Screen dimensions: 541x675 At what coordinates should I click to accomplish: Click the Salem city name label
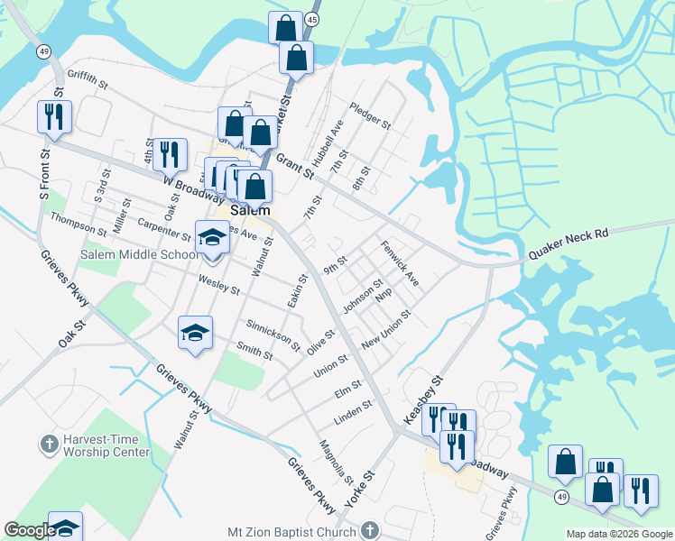250,209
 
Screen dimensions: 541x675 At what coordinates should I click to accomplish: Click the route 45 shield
311,19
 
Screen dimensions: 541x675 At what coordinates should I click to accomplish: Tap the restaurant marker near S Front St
54,117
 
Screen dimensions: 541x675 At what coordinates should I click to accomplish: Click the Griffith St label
87,80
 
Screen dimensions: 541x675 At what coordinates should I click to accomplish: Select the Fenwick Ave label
398,262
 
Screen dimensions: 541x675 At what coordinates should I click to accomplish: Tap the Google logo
29,531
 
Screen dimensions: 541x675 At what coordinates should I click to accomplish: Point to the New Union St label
386,330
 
